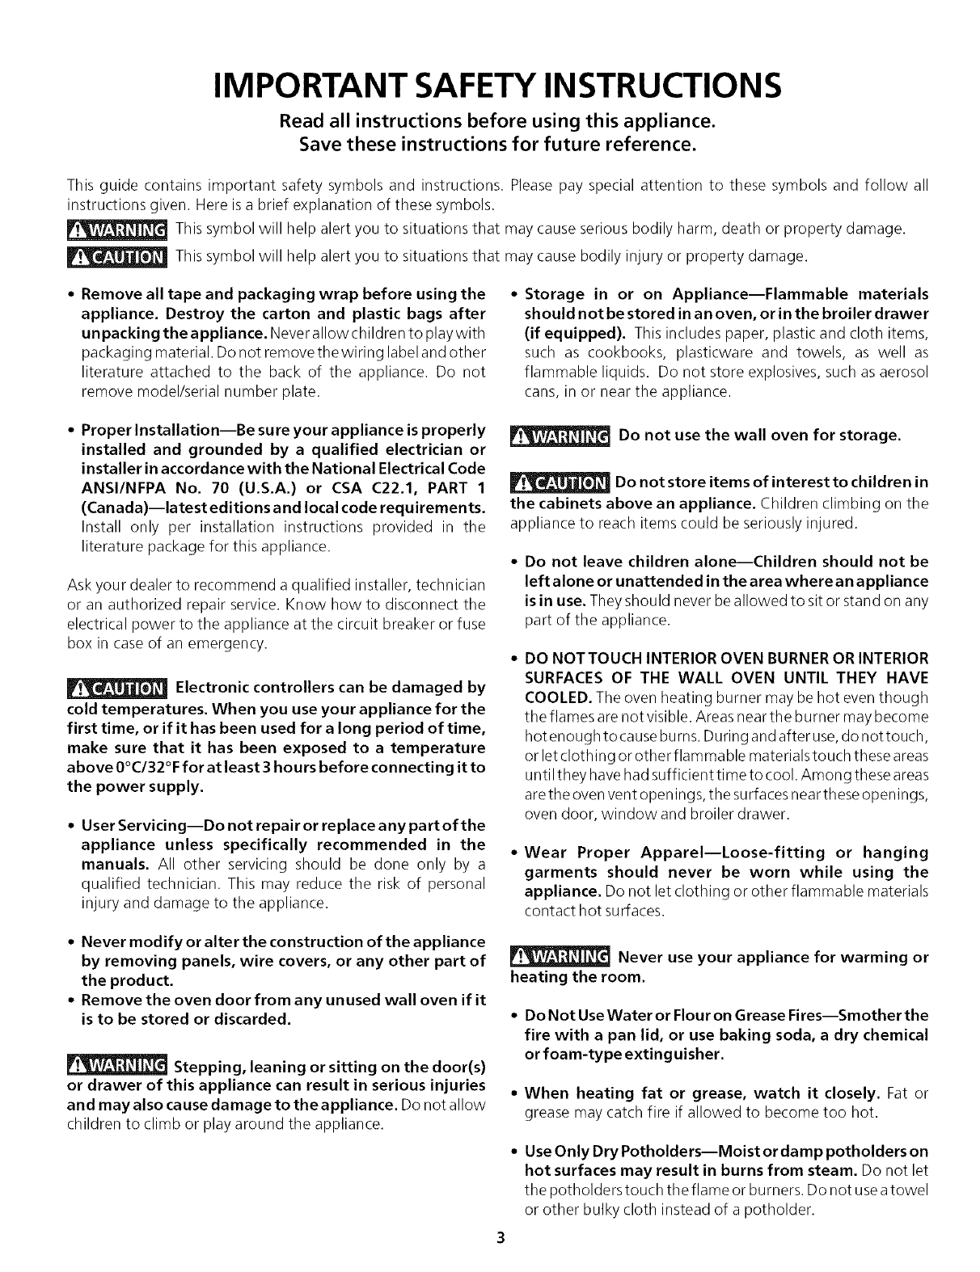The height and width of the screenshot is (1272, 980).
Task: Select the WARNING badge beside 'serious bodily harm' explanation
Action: pyautogui.click(x=115, y=230)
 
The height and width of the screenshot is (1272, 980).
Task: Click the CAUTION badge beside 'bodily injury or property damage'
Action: pyautogui.click(x=115, y=257)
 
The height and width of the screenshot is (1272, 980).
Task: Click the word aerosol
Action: pyautogui.click(x=900, y=373)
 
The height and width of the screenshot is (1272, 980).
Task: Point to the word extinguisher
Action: pyautogui.click(x=676, y=1055)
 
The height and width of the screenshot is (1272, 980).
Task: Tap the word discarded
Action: pyautogui.click(x=250, y=1019)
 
